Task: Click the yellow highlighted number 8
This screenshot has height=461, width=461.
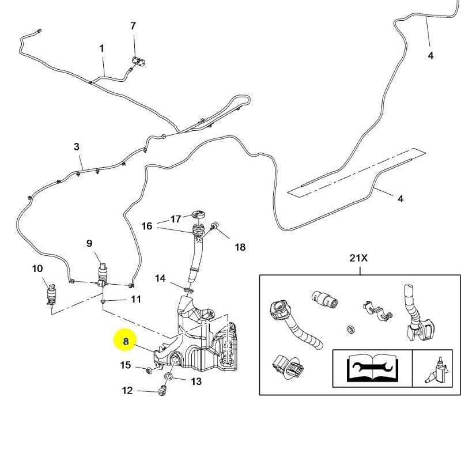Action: [126, 341]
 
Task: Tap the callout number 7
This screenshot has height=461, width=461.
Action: [133, 26]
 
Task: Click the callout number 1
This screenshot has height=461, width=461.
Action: [102, 48]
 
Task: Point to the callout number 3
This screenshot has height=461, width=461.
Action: [77, 147]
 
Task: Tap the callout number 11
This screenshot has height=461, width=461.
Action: [135, 299]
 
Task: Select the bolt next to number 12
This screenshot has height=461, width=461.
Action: [161, 392]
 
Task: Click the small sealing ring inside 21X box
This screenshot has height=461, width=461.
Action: [349, 329]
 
